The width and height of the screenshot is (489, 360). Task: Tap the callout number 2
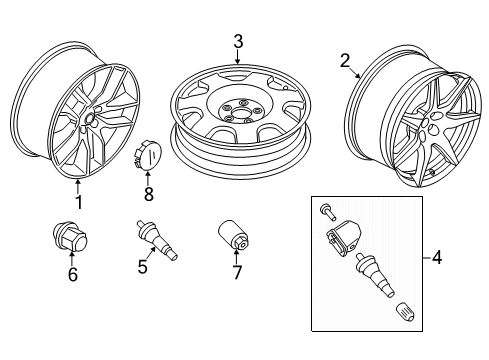345,62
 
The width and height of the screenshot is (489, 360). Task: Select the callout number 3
238,40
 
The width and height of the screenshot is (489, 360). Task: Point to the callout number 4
437,258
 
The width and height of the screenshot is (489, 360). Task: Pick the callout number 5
143,266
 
